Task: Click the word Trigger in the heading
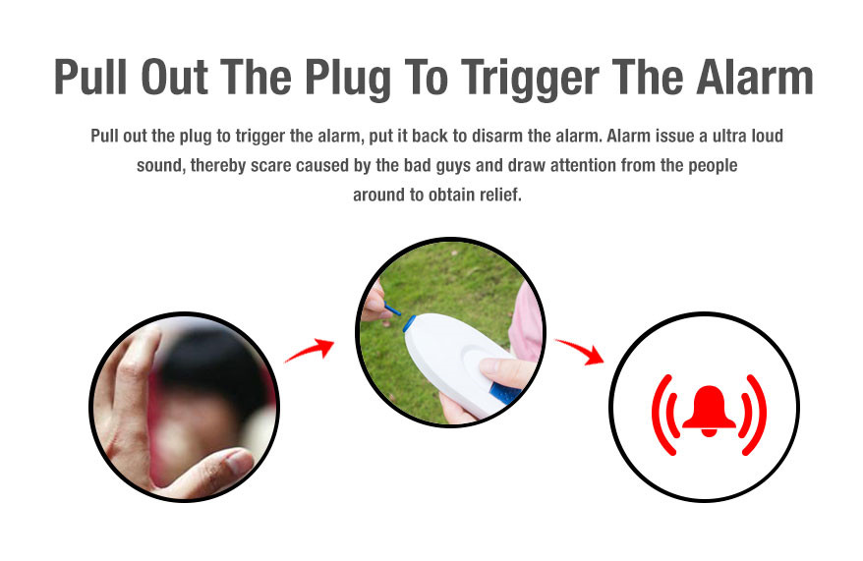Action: (x=530, y=80)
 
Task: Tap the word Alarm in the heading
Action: (x=755, y=77)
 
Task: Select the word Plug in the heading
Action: (x=348, y=80)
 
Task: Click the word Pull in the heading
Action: (x=90, y=77)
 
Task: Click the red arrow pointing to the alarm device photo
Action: (x=310, y=351)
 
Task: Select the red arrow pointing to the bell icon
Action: (x=580, y=352)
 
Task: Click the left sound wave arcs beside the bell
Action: (x=663, y=416)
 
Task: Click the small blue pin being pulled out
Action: (x=392, y=309)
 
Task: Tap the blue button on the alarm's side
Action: (x=504, y=393)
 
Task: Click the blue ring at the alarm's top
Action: (x=410, y=323)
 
